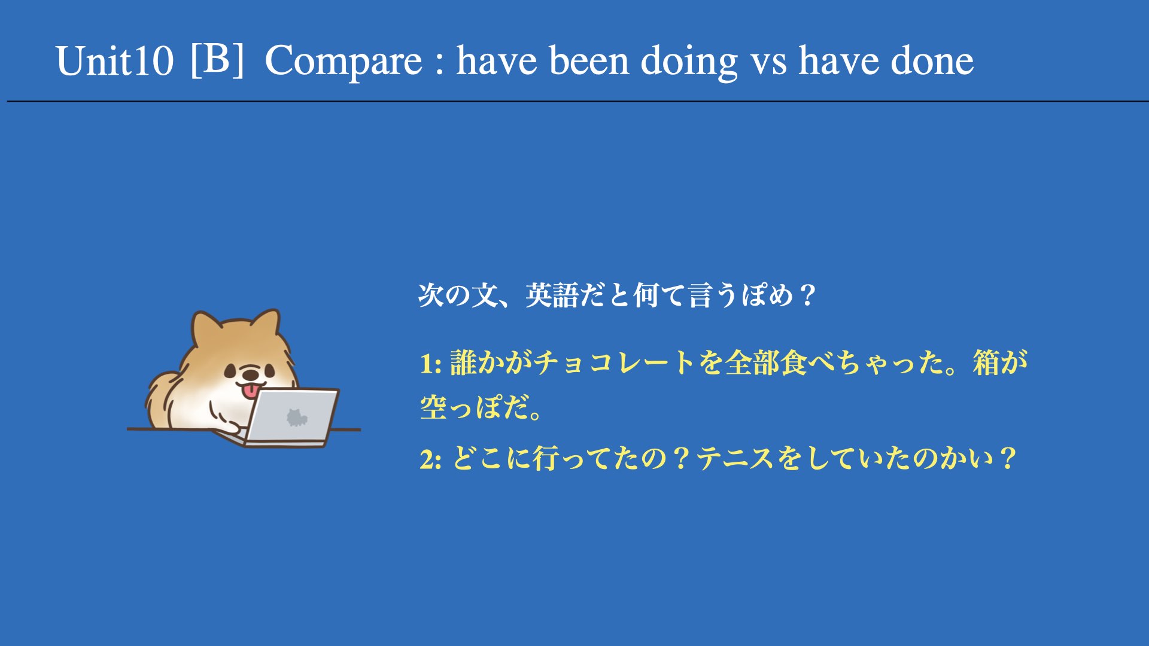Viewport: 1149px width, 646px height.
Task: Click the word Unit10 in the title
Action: click(x=114, y=61)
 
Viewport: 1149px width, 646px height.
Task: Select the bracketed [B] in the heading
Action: click(x=217, y=59)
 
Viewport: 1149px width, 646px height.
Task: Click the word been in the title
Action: click(x=589, y=61)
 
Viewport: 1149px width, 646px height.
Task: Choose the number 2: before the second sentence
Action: click(x=431, y=459)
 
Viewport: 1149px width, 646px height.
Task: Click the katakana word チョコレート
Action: click(x=615, y=363)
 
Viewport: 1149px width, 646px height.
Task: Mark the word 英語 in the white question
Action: click(x=552, y=295)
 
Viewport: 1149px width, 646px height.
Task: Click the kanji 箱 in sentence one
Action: click(x=986, y=363)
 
